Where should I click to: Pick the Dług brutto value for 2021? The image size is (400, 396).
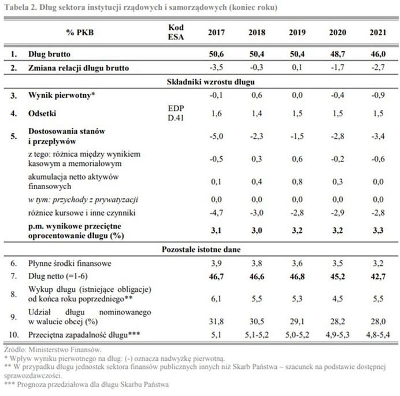(377, 55)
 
